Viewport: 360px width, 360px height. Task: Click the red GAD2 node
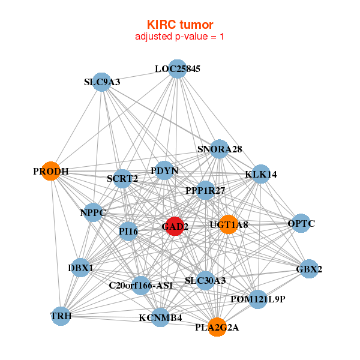tap(174, 226)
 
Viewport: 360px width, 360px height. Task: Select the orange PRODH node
tap(51, 171)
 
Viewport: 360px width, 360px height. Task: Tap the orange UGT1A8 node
tap(227, 224)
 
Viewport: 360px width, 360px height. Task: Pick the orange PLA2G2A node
tap(217, 327)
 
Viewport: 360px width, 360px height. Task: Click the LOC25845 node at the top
tap(176, 69)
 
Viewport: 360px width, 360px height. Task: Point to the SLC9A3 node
tap(102, 82)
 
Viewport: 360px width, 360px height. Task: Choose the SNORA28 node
tap(219, 149)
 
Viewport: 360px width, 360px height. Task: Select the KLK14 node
tap(261, 175)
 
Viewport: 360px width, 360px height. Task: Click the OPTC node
tap(301, 224)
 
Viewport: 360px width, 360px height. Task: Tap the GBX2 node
tap(308, 269)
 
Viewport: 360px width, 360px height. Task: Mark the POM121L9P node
tap(257, 299)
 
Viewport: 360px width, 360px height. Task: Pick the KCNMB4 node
tap(160, 317)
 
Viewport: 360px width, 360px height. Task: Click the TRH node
tap(61, 316)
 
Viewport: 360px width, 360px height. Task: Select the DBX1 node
tap(80, 268)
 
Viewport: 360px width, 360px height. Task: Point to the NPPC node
tap(93, 212)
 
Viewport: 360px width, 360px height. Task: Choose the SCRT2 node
tap(122, 178)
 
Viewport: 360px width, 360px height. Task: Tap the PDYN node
tap(164, 171)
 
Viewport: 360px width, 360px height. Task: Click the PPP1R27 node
tap(206, 190)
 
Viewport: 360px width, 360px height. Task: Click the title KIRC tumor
tap(180, 25)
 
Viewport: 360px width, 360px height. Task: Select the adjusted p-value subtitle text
tap(180, 37)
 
